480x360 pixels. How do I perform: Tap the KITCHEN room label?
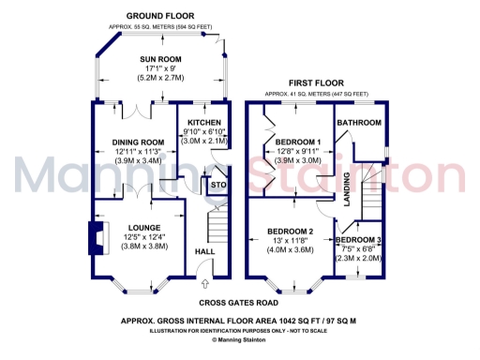click(x=204, y=123)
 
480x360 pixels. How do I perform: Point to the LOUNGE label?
click(x=138, y=227)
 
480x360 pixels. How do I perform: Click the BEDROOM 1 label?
click(x=298, y=142)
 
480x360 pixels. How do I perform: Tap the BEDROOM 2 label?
click(x=291, y=231)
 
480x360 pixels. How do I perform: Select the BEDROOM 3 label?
click(x=358, y=241)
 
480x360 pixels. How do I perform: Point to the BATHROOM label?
click(x=359, y=123)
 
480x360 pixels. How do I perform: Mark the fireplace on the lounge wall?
click(x=97, y=236)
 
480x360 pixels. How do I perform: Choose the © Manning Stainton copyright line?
click(x=240, y=339)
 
